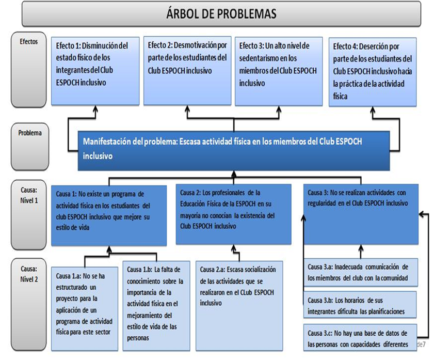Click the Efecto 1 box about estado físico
click(x=94, y=70)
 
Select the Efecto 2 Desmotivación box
click(x=185, y=70)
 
